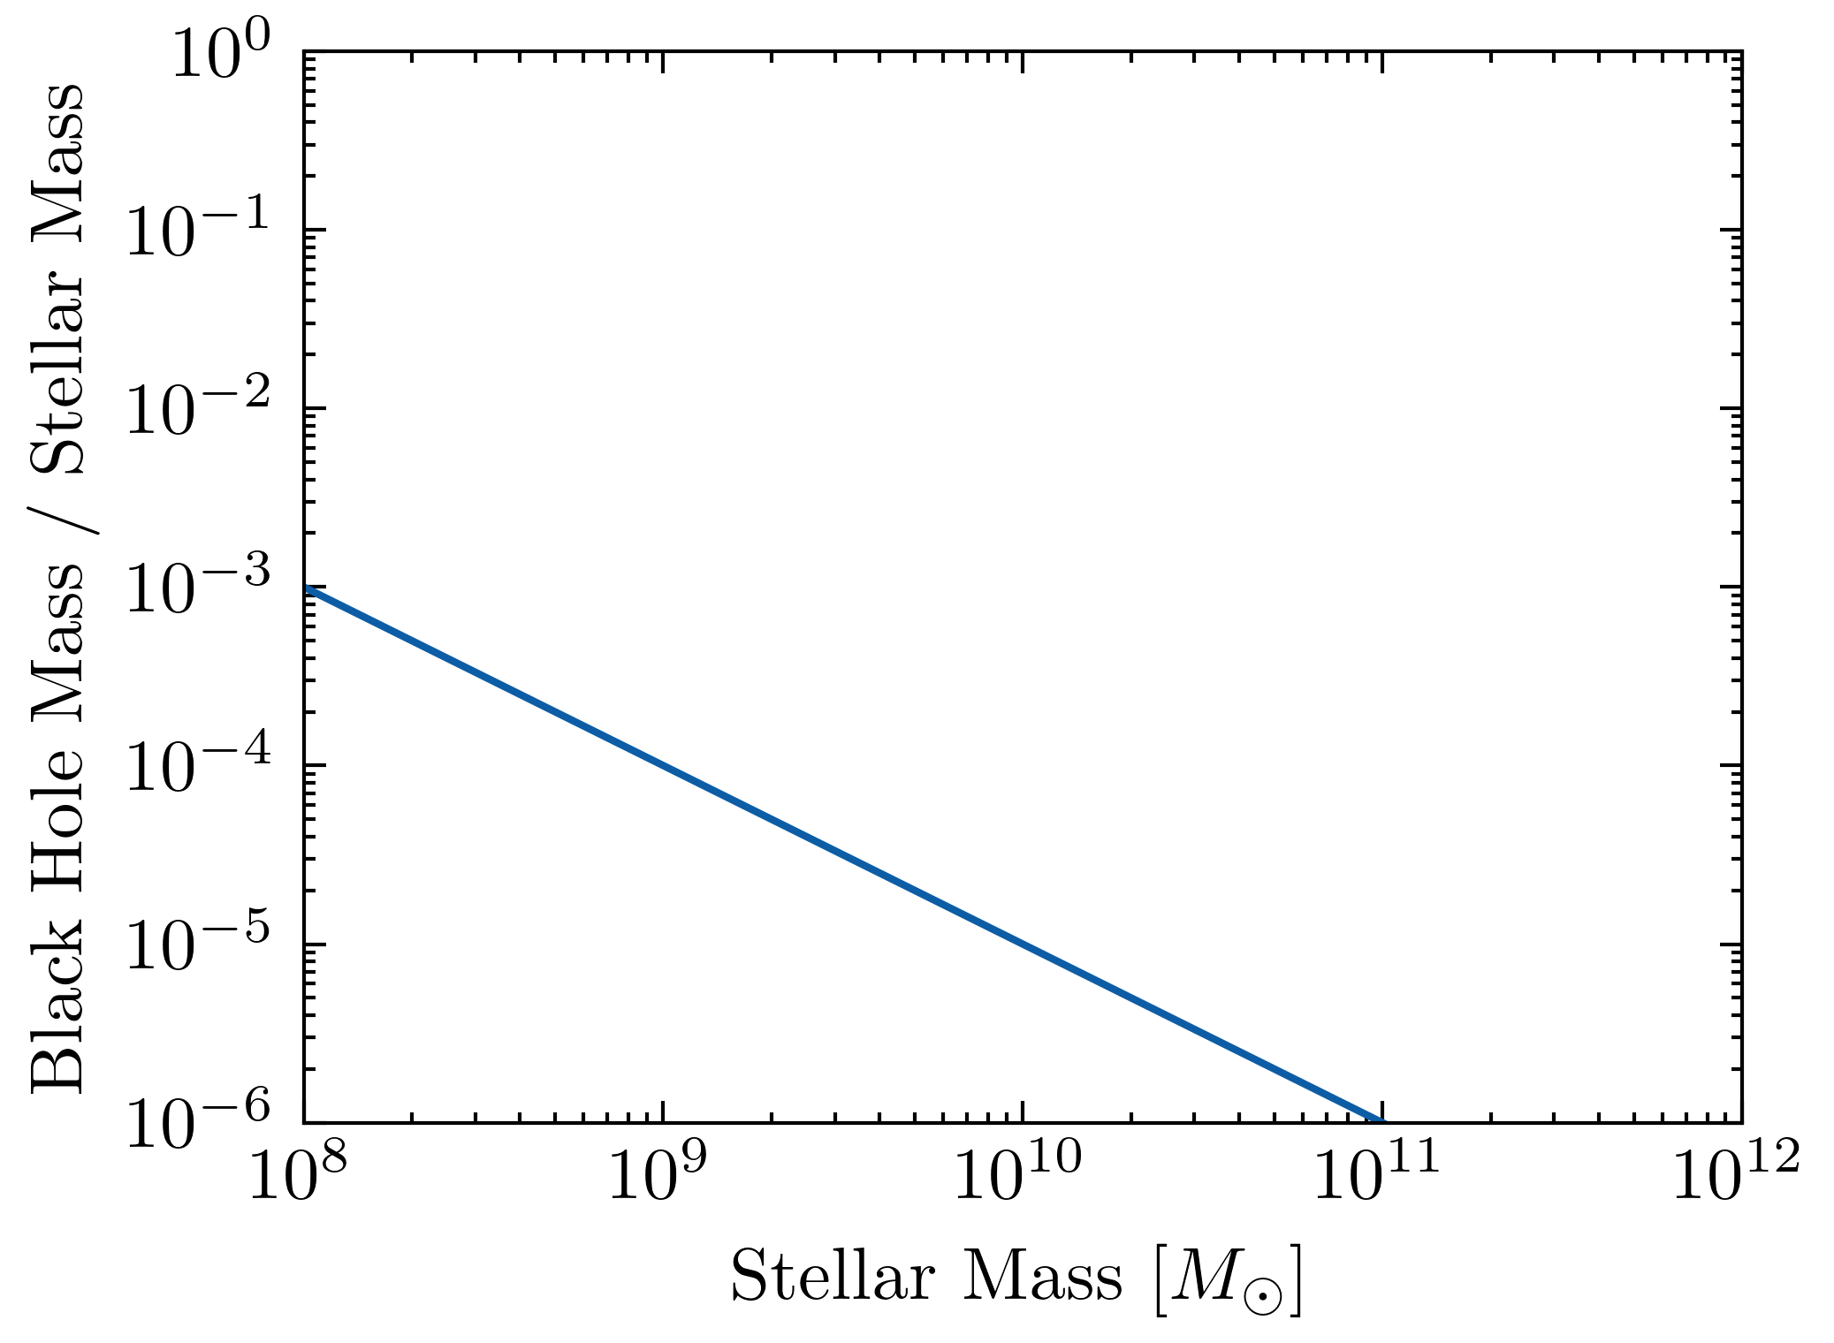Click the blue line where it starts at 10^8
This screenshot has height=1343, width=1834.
(306, 588)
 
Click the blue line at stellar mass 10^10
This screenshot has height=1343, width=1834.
(1023, 944)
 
